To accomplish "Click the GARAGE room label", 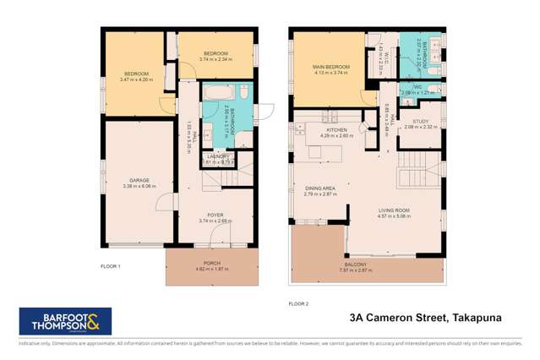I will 139,180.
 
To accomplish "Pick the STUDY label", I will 417,121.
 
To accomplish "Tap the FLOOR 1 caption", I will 112,266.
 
